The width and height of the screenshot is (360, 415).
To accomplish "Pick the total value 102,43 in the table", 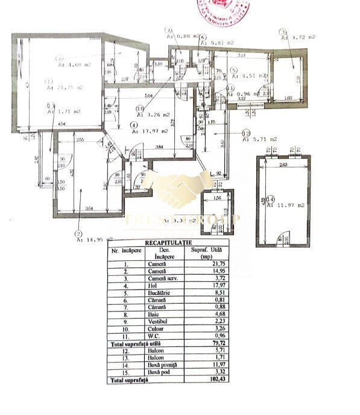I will point(208,380).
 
